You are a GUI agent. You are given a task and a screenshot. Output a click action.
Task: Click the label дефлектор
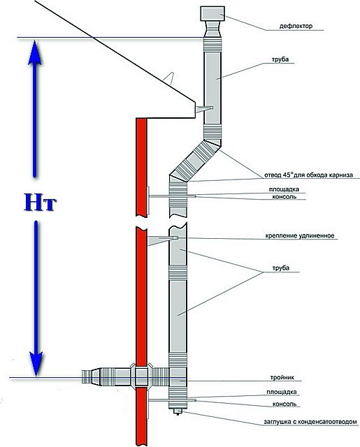296,27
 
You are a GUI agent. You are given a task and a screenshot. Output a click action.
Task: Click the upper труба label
281,59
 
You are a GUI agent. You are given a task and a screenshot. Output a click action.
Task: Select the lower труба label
281,268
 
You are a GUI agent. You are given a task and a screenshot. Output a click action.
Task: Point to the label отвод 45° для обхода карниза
308,175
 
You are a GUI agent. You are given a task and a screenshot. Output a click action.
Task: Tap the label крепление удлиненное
300,236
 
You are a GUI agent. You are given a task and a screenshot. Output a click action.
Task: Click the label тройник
282,377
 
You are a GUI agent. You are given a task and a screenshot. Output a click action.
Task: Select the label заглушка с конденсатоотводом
310,422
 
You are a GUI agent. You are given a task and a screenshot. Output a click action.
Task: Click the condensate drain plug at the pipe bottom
178,411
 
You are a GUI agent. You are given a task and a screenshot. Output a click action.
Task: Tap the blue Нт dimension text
40,202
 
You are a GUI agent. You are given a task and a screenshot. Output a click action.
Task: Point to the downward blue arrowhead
36,363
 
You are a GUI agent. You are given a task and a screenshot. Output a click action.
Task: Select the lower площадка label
282,393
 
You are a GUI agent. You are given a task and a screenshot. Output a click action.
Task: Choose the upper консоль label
284,197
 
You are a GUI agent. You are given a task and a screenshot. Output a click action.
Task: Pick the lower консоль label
285,404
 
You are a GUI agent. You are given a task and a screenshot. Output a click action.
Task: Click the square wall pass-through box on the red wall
141,377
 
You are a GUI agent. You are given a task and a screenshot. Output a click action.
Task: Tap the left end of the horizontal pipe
82,377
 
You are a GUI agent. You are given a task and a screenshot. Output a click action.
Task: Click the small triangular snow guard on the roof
169,78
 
